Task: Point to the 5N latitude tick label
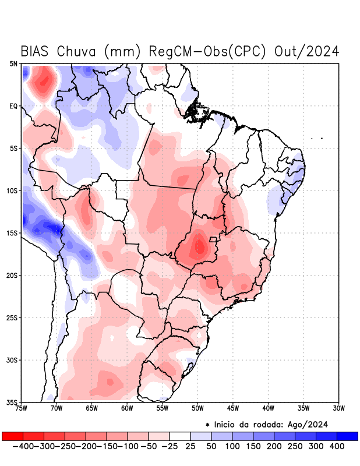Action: pyautogui.click(x=13, y=63)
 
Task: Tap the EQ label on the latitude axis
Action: pyautogui.click(x=13, y=106)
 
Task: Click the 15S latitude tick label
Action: pyautogui.click(x=12, y=233)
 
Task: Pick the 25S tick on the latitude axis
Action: pyautogui.click(x=12, y=318)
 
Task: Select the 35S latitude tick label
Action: pyautogui.click(x=12, y=403)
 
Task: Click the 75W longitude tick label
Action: pyautogui.click(x=22, y=408)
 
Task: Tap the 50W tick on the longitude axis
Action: pyautogui.click(x=197, y=408)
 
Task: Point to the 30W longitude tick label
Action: pyautogui.click(x=339, y=408)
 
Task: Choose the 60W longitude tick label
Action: pyautogui.click(x=127, y=408)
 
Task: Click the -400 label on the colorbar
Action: pyautogui.click(x=23, y=446)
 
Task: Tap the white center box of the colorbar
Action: pyautogui.click(x=180, y=436)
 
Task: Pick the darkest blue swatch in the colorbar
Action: pyautogui.click(x=347, y=436)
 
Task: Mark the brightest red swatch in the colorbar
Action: pyautogui.click(x=13, y=436)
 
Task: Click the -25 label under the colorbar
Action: pyautogui.click(x=170, y=446)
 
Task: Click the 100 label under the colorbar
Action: pyautogui.click(x=232, y=446)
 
